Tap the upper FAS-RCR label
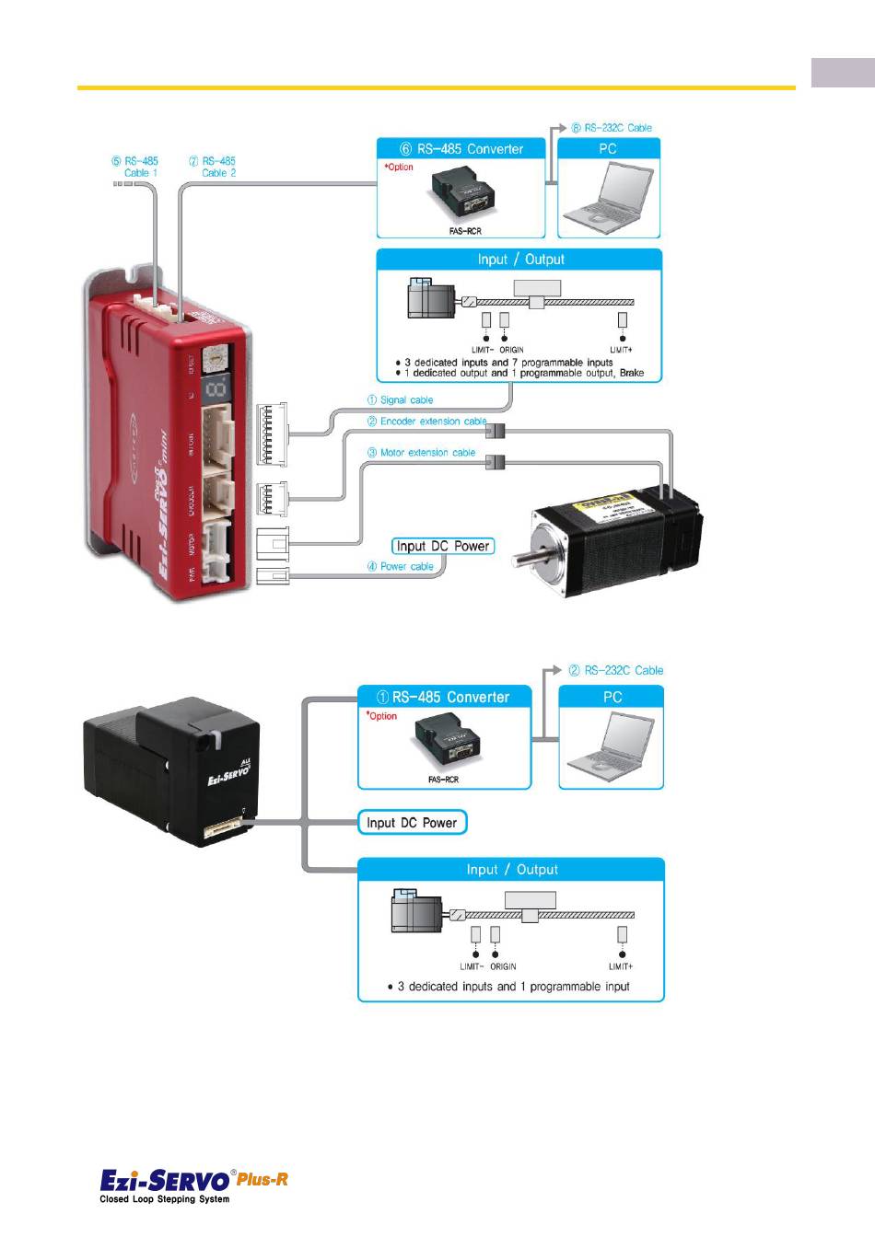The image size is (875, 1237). click(465, 231)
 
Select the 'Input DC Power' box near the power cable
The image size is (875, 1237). click(443, 546)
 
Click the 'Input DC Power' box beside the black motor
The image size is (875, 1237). click(412, 823)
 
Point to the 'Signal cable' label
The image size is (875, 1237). click(401, 400)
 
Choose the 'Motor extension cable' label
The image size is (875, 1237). click(422, 453)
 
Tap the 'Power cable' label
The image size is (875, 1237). click(401, 567)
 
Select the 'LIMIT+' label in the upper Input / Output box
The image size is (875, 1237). click(622, 350)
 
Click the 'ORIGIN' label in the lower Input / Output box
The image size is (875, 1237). click(503, 966)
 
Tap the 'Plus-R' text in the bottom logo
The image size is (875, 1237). click(262, 1179)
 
